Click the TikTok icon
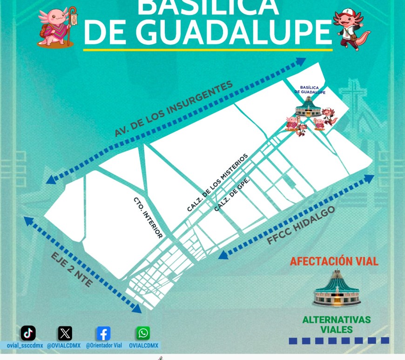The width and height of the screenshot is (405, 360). click(28, 333)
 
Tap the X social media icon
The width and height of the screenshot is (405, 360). click(65, 333)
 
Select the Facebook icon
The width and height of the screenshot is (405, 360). click(103, 333)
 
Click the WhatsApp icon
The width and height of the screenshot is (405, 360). click(143, 333)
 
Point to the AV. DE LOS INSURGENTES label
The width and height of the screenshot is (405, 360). click(173, 109)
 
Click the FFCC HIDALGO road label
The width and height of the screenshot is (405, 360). click(301, 225)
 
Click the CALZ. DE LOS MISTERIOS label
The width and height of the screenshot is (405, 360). click(218, 183)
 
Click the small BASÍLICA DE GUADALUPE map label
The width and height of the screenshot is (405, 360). click(310, 89)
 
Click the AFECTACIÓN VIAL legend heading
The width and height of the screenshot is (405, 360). click(334, 261)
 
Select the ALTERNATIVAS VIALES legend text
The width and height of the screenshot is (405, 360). click(336, 325)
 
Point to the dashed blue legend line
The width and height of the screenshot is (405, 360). click(338, 341)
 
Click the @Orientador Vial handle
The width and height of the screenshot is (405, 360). click(103, 346)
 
